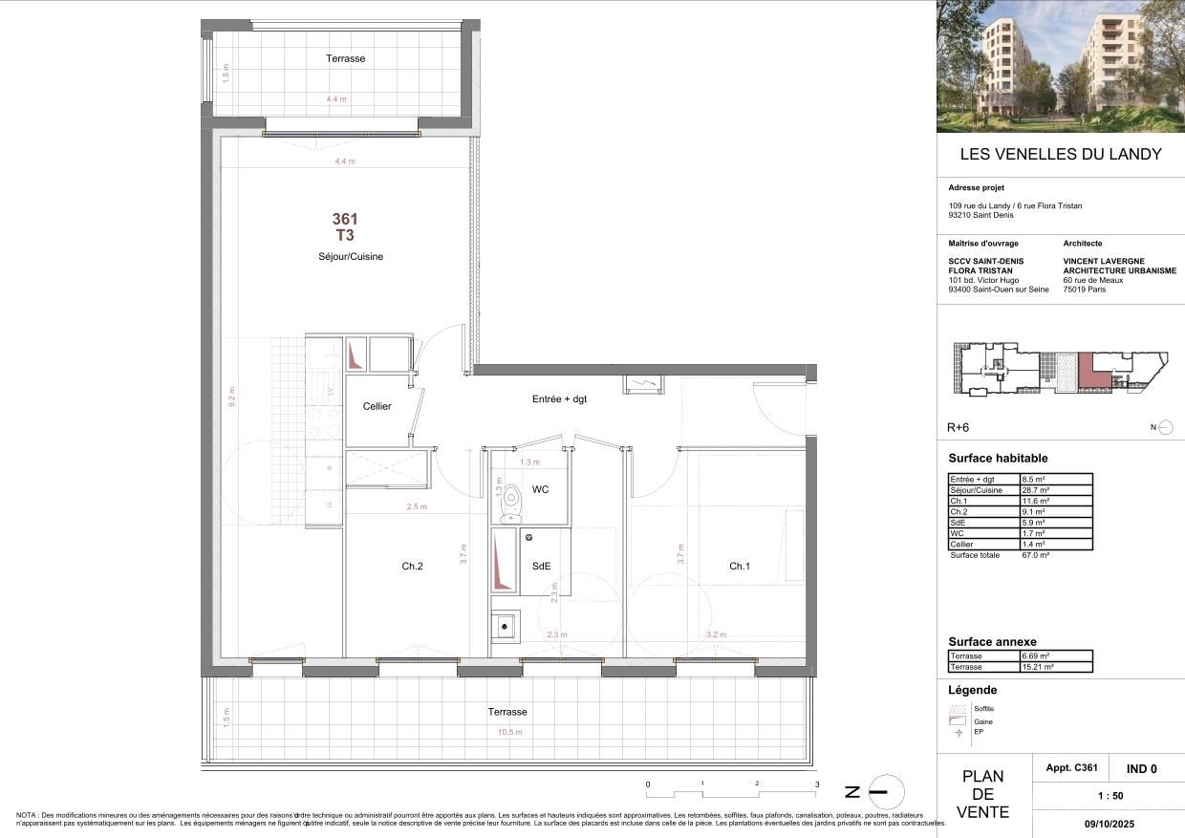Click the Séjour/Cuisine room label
click(351, 256)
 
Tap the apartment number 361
click(345, 220)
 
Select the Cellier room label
click(377, 406)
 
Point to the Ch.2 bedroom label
click(412, 566)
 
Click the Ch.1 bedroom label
click(739, 566)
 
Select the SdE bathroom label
click(541, 566)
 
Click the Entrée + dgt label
click(559, 398)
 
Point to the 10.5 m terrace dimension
click(508, 732)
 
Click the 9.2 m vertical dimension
click(231, 397)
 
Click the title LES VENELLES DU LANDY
click(1060, 154)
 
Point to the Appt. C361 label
click(1073, 768)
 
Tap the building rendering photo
click(1060, 66)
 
